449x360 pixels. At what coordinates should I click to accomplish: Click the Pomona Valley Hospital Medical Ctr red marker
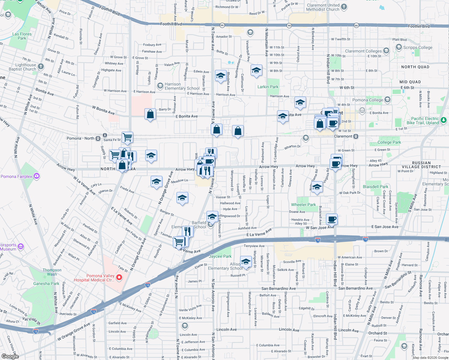pyautogui.click(x=119, y=277)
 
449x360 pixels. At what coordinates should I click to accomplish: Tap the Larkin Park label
pyautogui.click(x=268, y=87)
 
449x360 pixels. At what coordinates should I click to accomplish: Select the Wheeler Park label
pyautogui.click(x=303, y=205)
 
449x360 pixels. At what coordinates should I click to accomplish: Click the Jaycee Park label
pyautogui.click(x=220, y=256)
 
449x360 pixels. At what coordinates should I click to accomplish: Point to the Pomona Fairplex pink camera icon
pyautogui.click(x=37, y=176)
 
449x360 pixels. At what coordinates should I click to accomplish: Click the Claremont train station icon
pyautogui.click(x=356, y=136)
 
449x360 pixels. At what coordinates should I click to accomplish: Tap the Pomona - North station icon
pyautogui.click(x=98, y=138)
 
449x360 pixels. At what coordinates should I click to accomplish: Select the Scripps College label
pyautogui.click(x=417, y=47)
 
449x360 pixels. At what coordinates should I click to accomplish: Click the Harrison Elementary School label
pyautogui.click(x=182, y=86)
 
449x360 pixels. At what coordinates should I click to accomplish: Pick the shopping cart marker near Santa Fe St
pyautogui.click(x=127, y=137)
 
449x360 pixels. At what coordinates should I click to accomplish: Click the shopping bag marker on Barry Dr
pyautogui.click(x=150, y=114)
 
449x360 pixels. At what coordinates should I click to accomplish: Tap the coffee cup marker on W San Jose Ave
pyautogui.click(x=332, y=219)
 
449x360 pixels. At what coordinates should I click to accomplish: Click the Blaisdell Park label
pyautogui.click(x=375, y=187)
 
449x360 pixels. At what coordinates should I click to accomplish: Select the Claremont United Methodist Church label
pyautogui.click(x=323, y=7)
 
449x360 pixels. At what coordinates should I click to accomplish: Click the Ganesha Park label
pyautogui.click(x=46, y=283)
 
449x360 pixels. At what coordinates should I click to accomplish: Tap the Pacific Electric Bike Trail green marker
pyautogui.click(x=444, y=120)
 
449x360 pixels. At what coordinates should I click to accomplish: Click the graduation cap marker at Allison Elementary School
pyautogui.click(x=246, y=262)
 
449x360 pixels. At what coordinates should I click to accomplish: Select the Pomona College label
pyautogui.click(x=367, y=100)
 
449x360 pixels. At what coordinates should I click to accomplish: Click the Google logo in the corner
pyautogui.click(x=10, y=356)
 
